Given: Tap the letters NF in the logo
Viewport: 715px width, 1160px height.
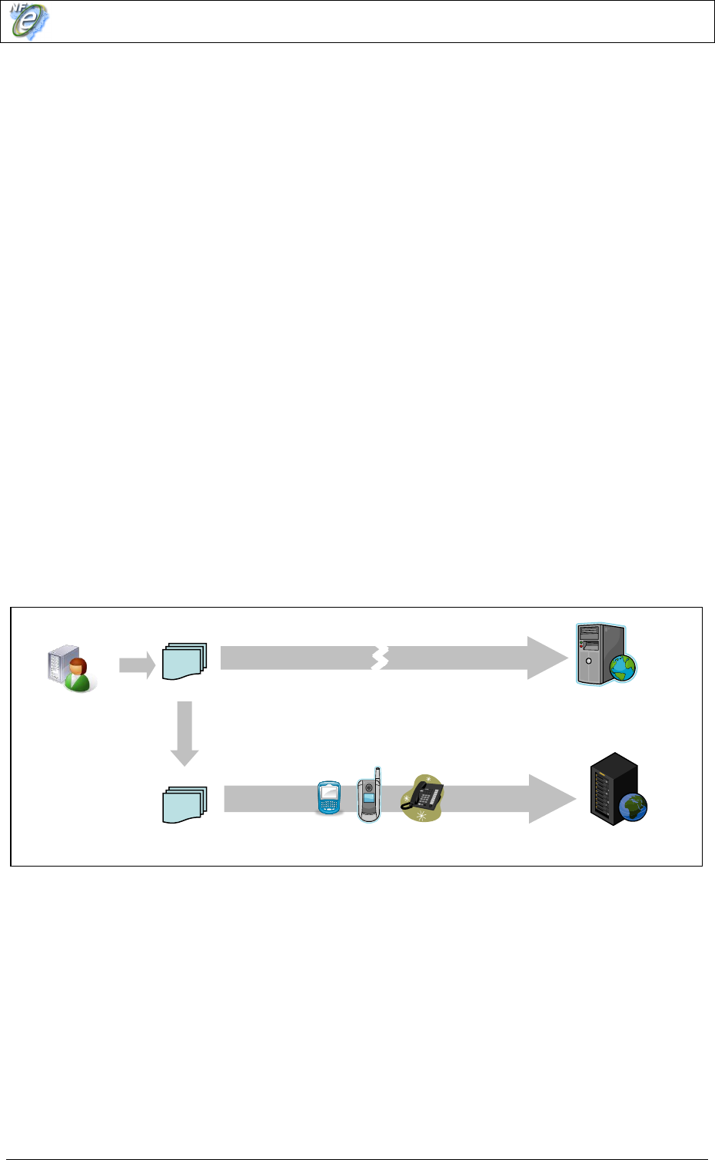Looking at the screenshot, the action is coord(19,9).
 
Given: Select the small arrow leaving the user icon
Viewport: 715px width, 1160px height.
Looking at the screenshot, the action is coord(137,665).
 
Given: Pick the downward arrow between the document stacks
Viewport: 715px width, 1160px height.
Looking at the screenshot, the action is coord(185,734).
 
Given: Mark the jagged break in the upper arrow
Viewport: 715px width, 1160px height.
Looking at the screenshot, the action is coord(380,658).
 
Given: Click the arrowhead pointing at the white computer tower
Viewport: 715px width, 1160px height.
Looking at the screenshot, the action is coord(547,658).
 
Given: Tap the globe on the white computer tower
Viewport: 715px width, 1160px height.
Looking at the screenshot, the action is coord(620,667).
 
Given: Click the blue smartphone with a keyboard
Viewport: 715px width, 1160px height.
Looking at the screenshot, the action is coord(329,797).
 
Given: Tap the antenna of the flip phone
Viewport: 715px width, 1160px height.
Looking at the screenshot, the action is coord(377,774).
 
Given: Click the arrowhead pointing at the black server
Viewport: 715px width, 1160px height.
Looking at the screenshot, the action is coord(552,799).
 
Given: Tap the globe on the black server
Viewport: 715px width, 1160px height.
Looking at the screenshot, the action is coord(633,807).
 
